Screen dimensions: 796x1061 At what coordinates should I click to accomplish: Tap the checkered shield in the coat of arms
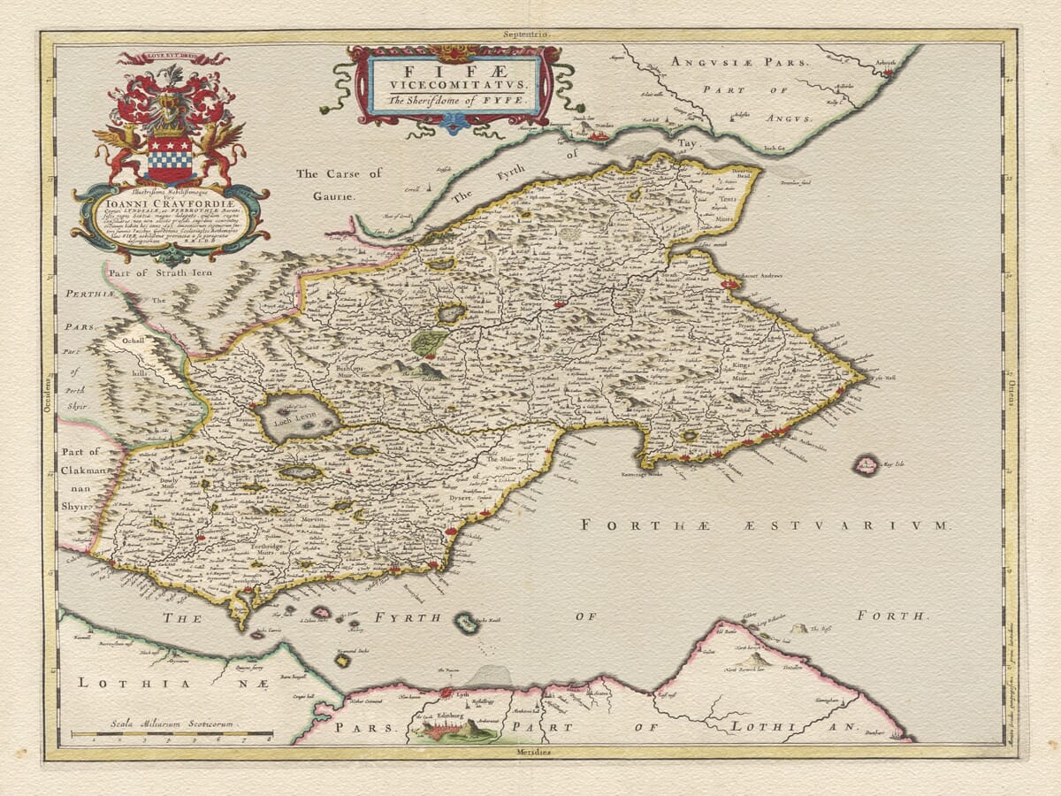(x=170, y=159)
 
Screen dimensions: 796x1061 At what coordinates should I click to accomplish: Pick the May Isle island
(x=866, y=464)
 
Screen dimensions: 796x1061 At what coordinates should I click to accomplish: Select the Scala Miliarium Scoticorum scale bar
(x=172, y=733)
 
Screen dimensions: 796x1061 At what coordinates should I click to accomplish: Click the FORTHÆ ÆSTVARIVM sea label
(x=765, y=525)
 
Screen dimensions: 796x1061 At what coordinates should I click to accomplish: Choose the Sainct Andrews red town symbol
(x=730, y=284)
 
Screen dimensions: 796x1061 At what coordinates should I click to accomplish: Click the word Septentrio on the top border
(x=528, y=34)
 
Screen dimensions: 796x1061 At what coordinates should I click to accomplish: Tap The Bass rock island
(x=800, y=629)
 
